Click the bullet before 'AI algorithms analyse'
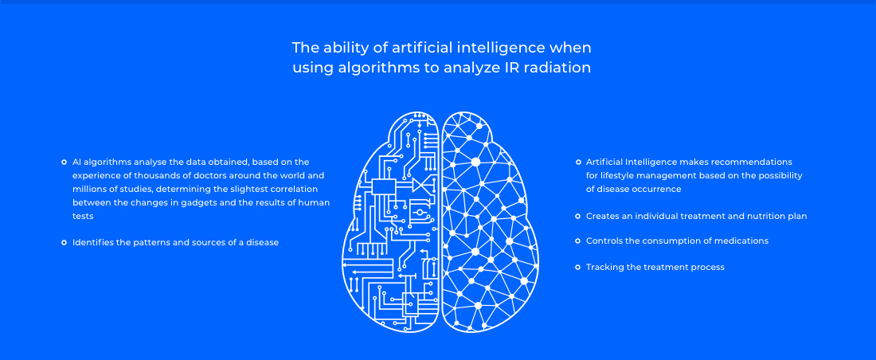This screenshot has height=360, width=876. click(64, 162)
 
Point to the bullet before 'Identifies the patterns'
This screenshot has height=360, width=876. click(64, 243)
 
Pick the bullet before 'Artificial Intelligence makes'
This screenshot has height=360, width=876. click(578, 162)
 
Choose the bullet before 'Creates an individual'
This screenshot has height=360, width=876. click(578, 216)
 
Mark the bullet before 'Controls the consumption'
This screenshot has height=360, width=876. click(578, 241)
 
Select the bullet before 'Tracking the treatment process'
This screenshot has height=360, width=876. click(578, 267)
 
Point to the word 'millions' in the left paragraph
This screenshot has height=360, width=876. click(90, 189)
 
